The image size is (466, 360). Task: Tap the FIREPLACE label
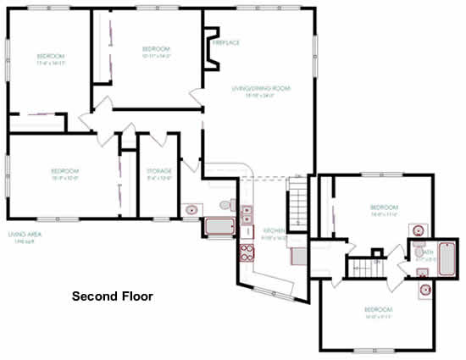[225, 42]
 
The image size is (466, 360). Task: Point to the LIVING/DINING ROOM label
[262, 87]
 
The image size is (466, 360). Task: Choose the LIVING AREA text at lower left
[25, 235]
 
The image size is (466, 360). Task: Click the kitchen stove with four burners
[247, 251]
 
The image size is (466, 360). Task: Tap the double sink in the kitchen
[247, 220]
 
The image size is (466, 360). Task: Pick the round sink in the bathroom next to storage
[192, 208]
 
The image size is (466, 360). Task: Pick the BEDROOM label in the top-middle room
[157, 49]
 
